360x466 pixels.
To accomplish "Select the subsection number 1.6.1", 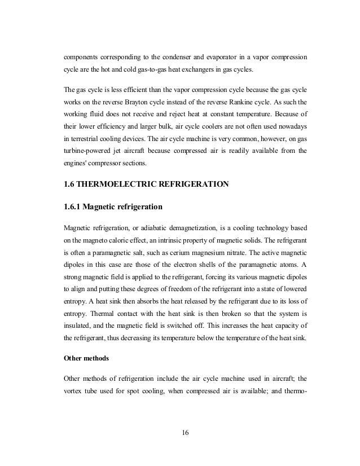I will pyautogui.click(x=74, y=206).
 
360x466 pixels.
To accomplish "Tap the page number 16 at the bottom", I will pyautogui.click(x=186, y=433).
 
